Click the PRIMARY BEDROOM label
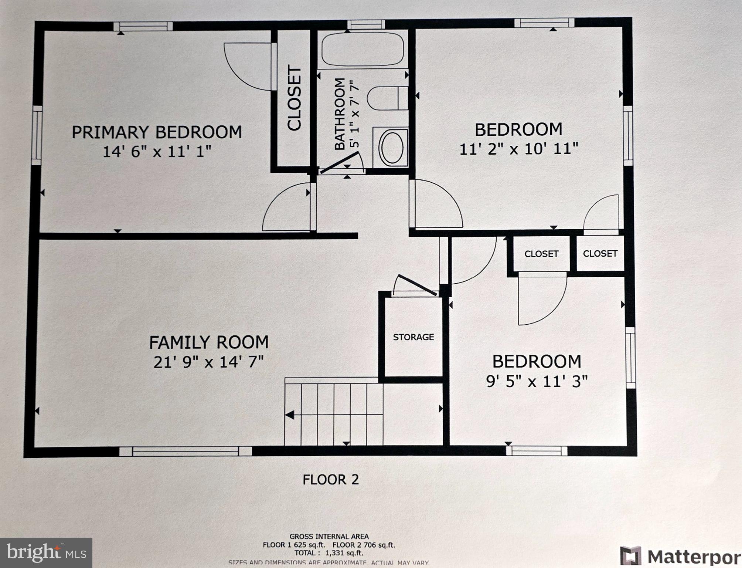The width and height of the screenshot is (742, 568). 157,132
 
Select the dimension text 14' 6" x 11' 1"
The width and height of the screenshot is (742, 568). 157,152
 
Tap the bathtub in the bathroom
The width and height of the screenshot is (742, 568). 362,49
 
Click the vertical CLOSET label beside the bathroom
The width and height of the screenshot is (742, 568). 295,98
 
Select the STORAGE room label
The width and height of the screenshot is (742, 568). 413,337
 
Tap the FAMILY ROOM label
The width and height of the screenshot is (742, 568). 209,342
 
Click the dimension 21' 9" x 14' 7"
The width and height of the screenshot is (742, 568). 209,362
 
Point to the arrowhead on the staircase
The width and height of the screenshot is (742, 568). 290,415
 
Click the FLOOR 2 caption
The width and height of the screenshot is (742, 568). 330,480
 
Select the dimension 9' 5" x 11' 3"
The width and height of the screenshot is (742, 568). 537,381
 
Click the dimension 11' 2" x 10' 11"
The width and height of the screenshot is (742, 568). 518,149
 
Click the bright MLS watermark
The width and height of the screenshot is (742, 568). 46,552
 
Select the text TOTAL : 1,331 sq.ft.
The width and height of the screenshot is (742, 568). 329,553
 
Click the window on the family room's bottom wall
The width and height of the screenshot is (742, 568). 185,451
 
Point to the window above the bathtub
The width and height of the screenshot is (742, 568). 365,25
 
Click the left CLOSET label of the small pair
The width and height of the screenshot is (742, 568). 541,254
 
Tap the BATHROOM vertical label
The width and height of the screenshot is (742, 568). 340,114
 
